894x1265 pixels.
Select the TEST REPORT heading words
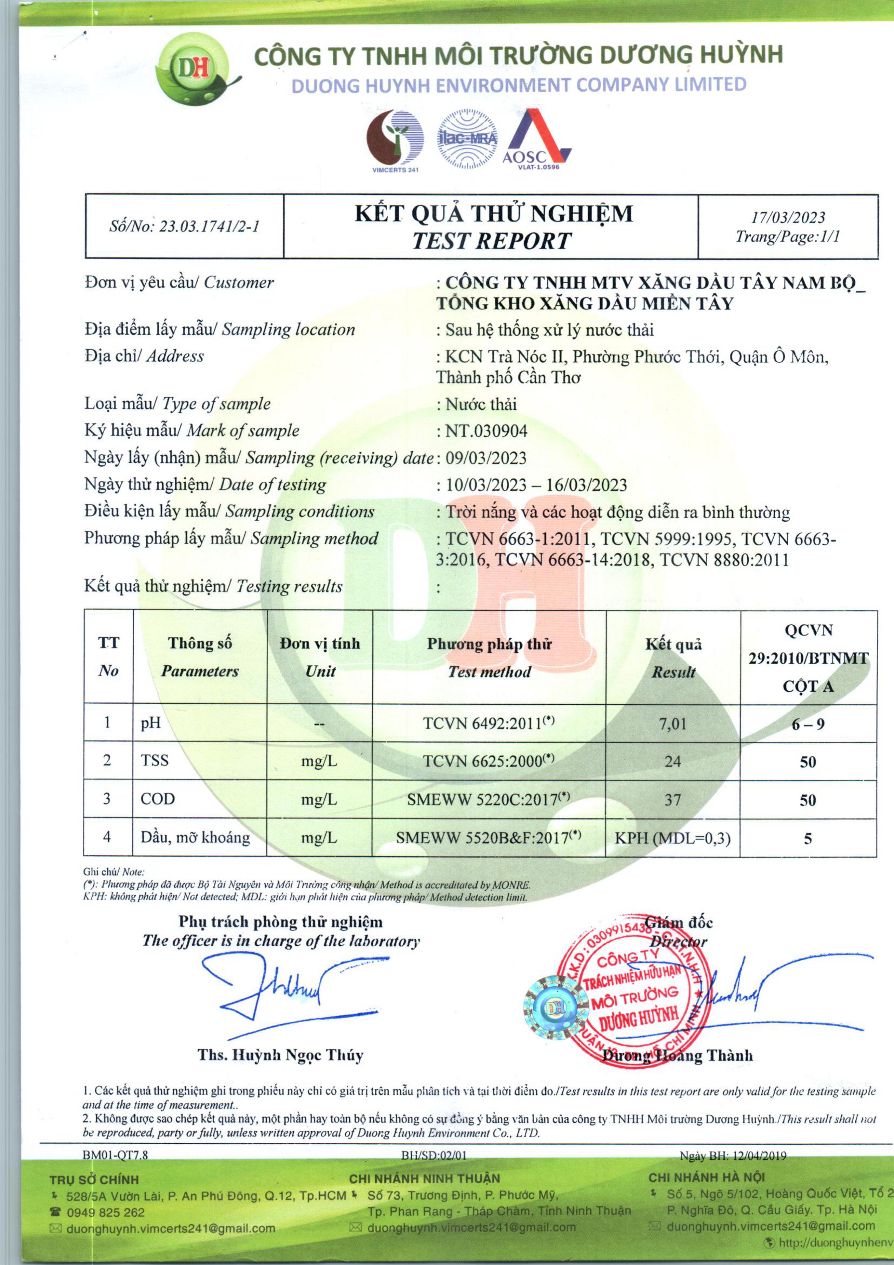(492, 241)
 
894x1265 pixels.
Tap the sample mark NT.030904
(486, 431)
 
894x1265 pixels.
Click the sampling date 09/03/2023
(486, 458)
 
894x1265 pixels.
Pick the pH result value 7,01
(673, 723)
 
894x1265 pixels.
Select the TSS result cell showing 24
(673, 762)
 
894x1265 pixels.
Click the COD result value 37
(673, 799)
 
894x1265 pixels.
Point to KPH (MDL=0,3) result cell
(673, 838)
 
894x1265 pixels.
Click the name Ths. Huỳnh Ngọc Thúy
(280, 1055)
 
